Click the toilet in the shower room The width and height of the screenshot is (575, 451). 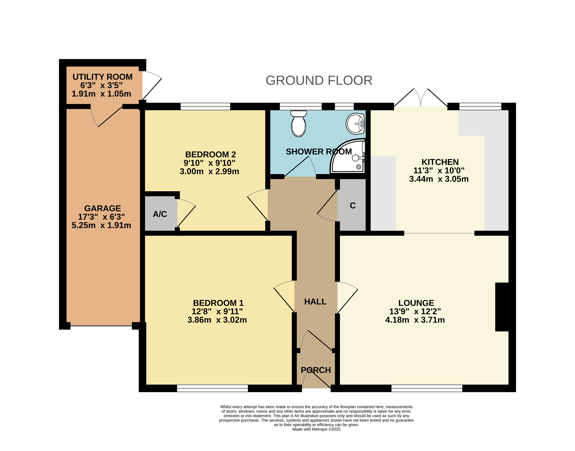(298, 124)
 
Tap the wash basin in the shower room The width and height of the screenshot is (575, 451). (355, 124)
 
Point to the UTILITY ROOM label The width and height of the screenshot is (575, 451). (102, 77)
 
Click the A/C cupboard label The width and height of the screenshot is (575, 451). (160, 214)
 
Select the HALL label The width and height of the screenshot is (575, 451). (315, 302)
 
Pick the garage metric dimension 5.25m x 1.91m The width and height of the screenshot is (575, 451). (101, 225)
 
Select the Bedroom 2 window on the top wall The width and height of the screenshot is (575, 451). (205, 106)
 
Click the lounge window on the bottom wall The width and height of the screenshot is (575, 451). (427, 388)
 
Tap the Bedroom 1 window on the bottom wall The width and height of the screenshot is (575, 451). (212, 388)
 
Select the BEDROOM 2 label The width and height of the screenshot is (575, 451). (211, 154)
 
